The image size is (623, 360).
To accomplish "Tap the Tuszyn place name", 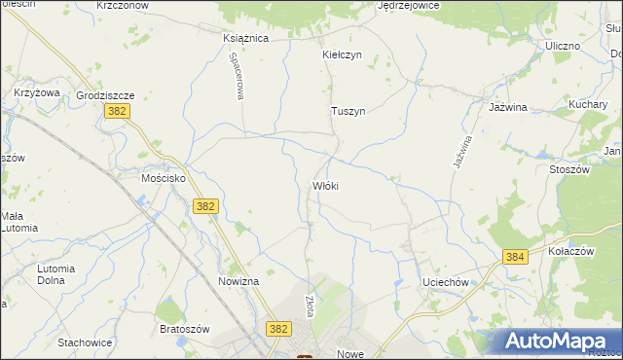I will (348, 111).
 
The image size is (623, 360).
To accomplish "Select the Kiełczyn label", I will (342, 54).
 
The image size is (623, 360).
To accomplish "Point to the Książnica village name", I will (245, 38).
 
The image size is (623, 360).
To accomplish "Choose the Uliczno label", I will (563, 46).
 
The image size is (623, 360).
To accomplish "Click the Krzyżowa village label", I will (37, 92).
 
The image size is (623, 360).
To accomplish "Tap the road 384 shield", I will (516, 257).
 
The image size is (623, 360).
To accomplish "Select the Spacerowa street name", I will (236, 76).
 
